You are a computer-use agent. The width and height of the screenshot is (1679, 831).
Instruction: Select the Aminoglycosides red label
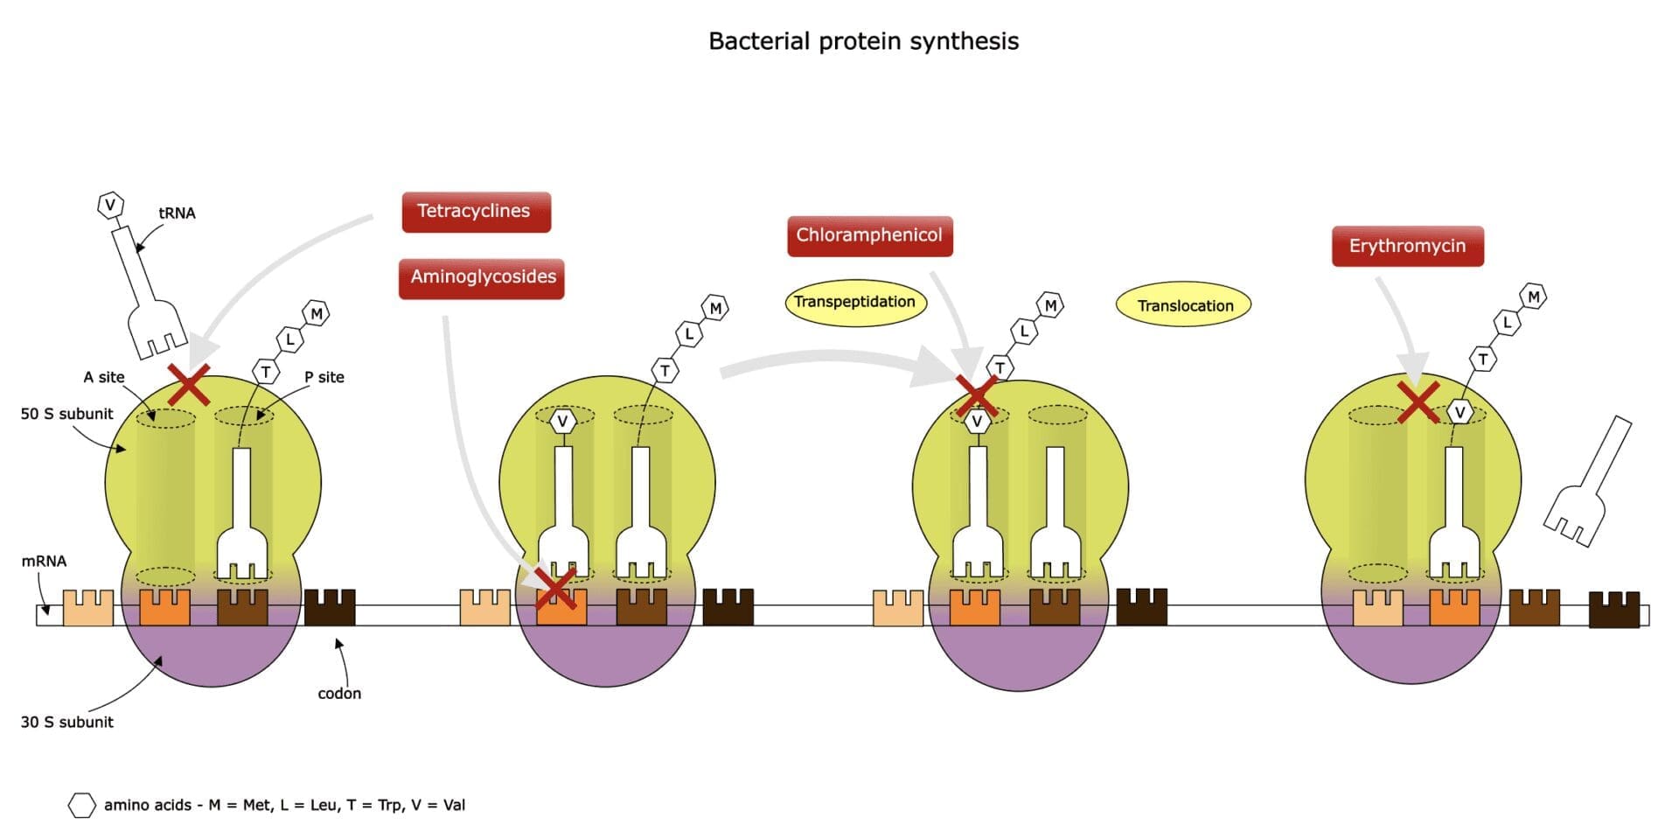pyautogui.click(x=482, y=278)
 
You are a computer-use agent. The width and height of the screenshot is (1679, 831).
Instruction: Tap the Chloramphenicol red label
pyautogui.click(x=869, y=236)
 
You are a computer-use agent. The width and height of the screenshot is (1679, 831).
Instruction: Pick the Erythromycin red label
pyautogui.click(x=1407, y=247)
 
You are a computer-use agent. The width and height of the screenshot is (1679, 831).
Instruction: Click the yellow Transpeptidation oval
pyautogui.click(x=854, y=303)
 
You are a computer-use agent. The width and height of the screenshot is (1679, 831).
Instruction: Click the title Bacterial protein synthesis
pyautogui.click(x=863, y=42)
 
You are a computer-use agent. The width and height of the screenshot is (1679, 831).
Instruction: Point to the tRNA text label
pyautogui.click(x=177, y=213)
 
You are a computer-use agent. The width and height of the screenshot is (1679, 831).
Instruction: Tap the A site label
pyautogui.click(x=104, y=377)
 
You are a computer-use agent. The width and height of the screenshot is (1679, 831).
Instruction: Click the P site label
pyautogui.click(x=324, y=377)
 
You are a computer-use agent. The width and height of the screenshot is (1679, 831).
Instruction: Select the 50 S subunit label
pyautogui.click(x=67, y=414)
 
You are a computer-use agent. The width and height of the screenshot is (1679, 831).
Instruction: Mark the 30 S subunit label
pyautogui.click(x=67, y=722)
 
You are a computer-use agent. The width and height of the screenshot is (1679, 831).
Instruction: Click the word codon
pyautogui.click(x=339, y=694)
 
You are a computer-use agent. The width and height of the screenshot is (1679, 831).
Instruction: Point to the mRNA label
pyautogui.click(x=44, y=561)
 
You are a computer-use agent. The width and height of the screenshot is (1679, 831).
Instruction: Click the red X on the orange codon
pyautogui.click(x=555, y=589)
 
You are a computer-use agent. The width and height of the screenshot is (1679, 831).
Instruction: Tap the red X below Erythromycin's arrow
pyautogui.click(x=1418, y=402)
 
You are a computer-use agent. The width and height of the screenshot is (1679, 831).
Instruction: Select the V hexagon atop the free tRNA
pyautogui.click(x=109, y=206)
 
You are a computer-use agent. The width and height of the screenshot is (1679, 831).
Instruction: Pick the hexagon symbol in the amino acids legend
pyautogui.click(x=81, y=805)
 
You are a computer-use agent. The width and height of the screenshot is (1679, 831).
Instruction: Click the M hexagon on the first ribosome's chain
pyautogui.click(x=317, y=313)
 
